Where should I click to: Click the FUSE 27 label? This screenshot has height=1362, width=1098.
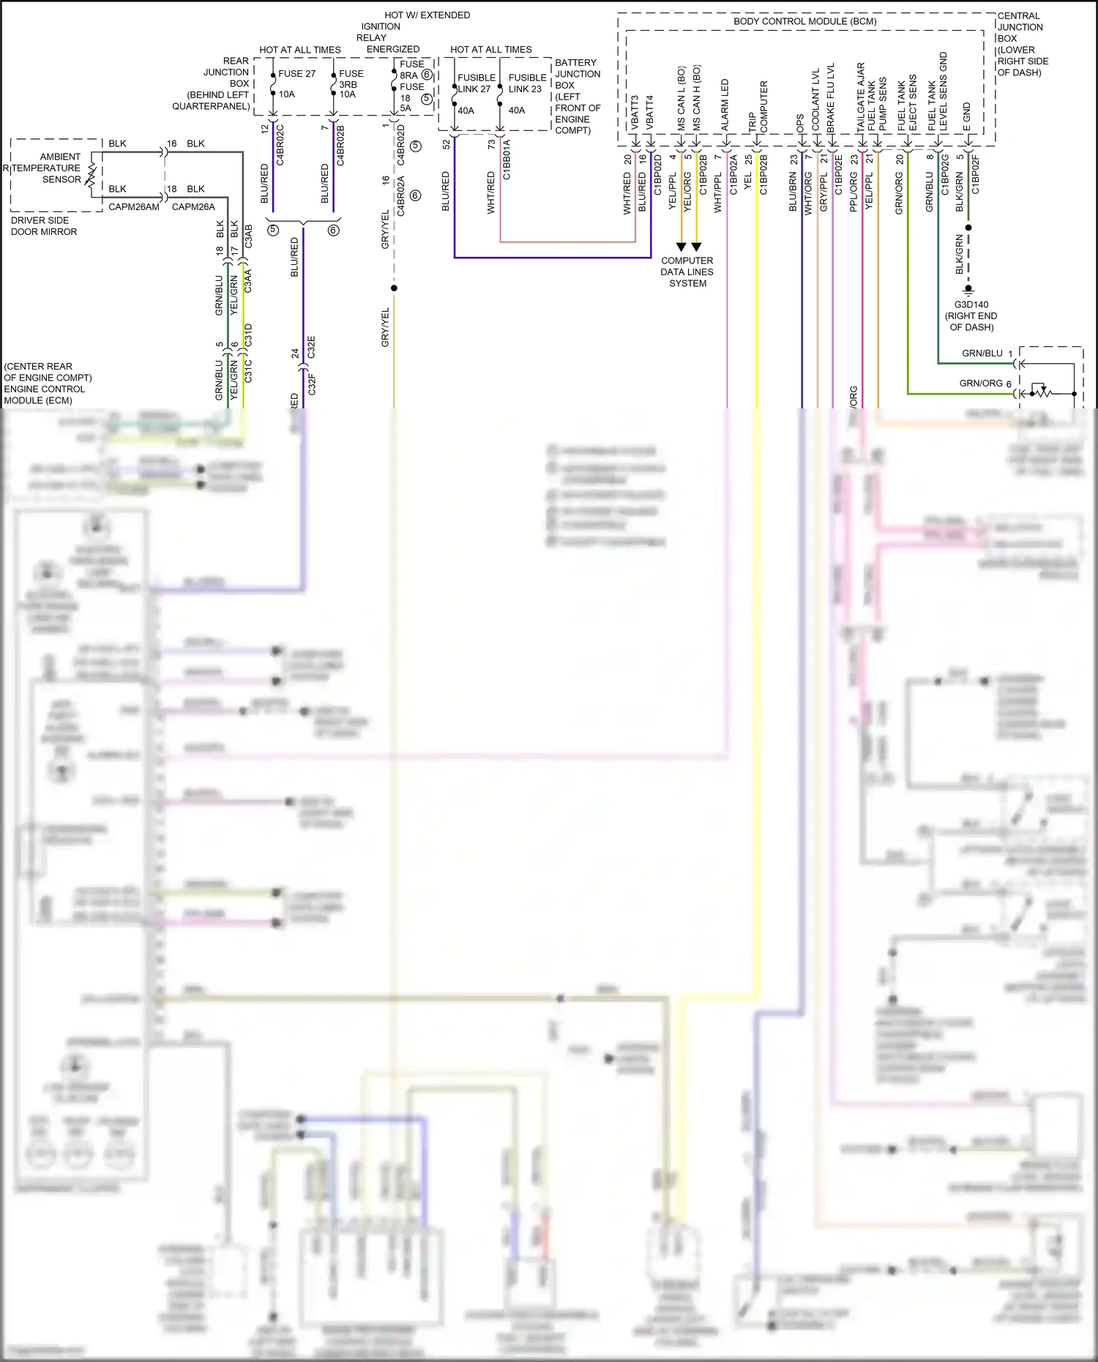coord(296,74)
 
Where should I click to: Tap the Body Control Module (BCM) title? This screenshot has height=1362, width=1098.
coord(804,21)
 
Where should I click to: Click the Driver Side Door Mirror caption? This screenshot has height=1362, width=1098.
coord(43,226)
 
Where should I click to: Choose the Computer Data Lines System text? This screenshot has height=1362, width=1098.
coord(687,272)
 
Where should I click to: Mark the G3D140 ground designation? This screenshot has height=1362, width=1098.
coord(971,304)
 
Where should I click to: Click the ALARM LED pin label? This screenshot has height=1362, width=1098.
coord(725,105)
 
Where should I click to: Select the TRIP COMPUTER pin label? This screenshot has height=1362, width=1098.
coord(758,108)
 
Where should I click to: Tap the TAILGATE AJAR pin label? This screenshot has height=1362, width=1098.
coord(861,97)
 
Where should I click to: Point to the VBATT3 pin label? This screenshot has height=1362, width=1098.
coord(635,113)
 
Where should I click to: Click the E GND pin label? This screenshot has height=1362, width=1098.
coord(966,117)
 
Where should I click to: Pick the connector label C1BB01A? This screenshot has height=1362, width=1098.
coord(507,160)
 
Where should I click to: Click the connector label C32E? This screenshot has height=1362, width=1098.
coord(311,347)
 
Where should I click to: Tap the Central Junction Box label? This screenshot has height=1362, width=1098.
coord(1022,44)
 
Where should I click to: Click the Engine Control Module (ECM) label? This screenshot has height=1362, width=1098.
coord(47,383)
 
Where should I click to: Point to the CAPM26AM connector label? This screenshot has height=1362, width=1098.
coord(134,207)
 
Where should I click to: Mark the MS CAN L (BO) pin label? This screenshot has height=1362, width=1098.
coord(681,99)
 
